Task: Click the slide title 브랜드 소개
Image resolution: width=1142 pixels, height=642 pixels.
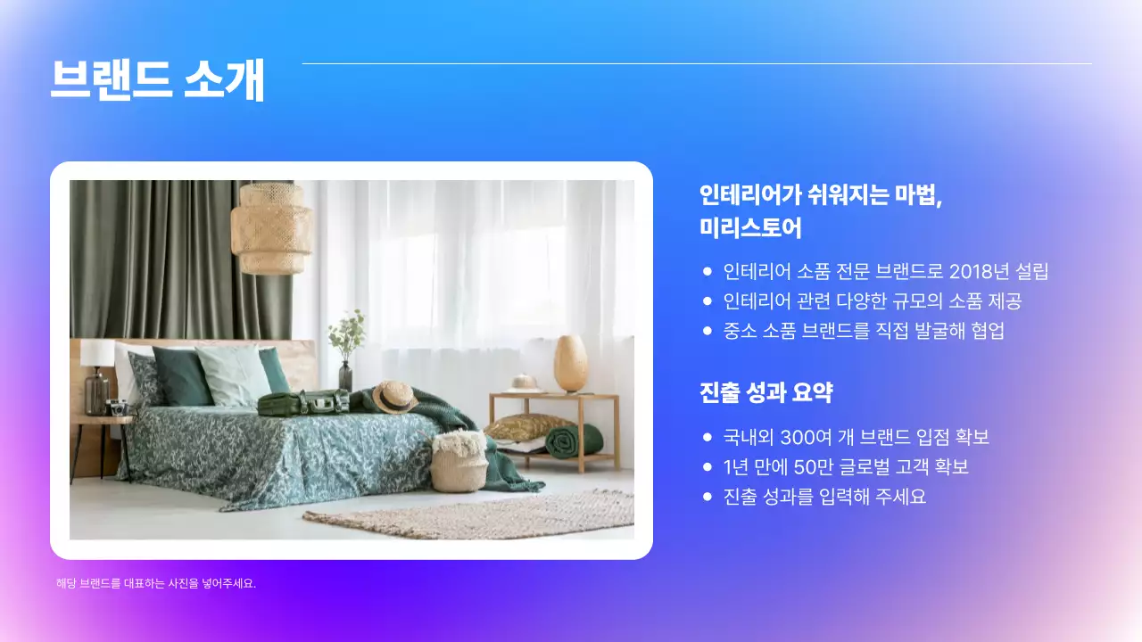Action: (x=157, y=80)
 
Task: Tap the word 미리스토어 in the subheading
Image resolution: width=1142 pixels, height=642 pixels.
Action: (x=750, y=228)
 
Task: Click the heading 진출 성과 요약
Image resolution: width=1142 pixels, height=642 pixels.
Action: (x=766, y=393)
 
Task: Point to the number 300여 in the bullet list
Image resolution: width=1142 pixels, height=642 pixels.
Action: (x=808, y=438)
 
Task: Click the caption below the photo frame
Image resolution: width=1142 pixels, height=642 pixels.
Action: (x=156, y=584)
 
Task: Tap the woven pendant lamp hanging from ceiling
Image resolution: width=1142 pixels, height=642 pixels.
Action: (x=271, y=228)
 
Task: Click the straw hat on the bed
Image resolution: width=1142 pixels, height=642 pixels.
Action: (x=394, y=396)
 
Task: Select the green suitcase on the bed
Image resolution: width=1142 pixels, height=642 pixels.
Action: (x=303, y=403)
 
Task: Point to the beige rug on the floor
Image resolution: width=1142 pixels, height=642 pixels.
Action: (x=473, y=514)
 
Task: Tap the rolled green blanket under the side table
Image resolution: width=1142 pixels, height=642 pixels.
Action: (x=574, y=440)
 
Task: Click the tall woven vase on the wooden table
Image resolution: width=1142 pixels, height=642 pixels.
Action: (x=570, y=363)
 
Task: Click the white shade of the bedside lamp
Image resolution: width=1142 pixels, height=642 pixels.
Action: (x=97, y=352)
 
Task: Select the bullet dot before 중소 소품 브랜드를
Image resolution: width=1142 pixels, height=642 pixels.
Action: (x=708, y=331)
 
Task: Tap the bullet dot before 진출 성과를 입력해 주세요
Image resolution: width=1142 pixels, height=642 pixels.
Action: (x=708, y=497)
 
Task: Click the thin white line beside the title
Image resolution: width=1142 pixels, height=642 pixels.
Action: (x=696, y=64)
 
